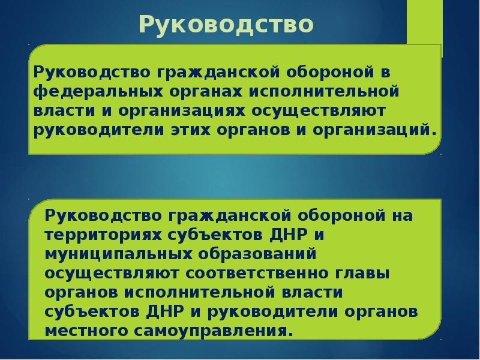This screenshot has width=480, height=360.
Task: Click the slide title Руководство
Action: [x=227, y=25]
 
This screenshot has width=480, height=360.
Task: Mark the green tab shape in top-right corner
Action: [x=425, y=24]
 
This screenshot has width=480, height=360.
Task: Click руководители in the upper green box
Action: [x=98, y=130]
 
